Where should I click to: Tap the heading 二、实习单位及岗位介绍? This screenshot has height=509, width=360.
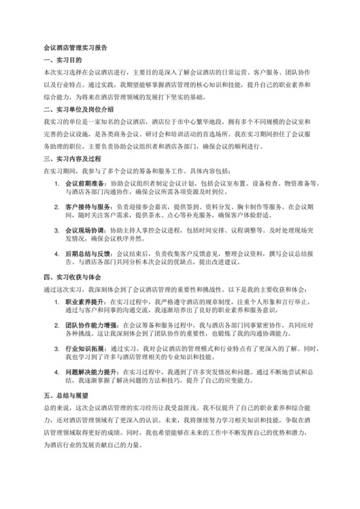point(78,109)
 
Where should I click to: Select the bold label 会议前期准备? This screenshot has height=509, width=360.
point(81,183)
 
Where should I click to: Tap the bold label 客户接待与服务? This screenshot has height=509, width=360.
point(84,207)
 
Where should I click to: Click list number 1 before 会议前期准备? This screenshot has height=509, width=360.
point(58,183)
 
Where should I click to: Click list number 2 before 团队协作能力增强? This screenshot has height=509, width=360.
point(58,325)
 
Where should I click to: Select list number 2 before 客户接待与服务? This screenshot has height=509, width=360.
point(58,207)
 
